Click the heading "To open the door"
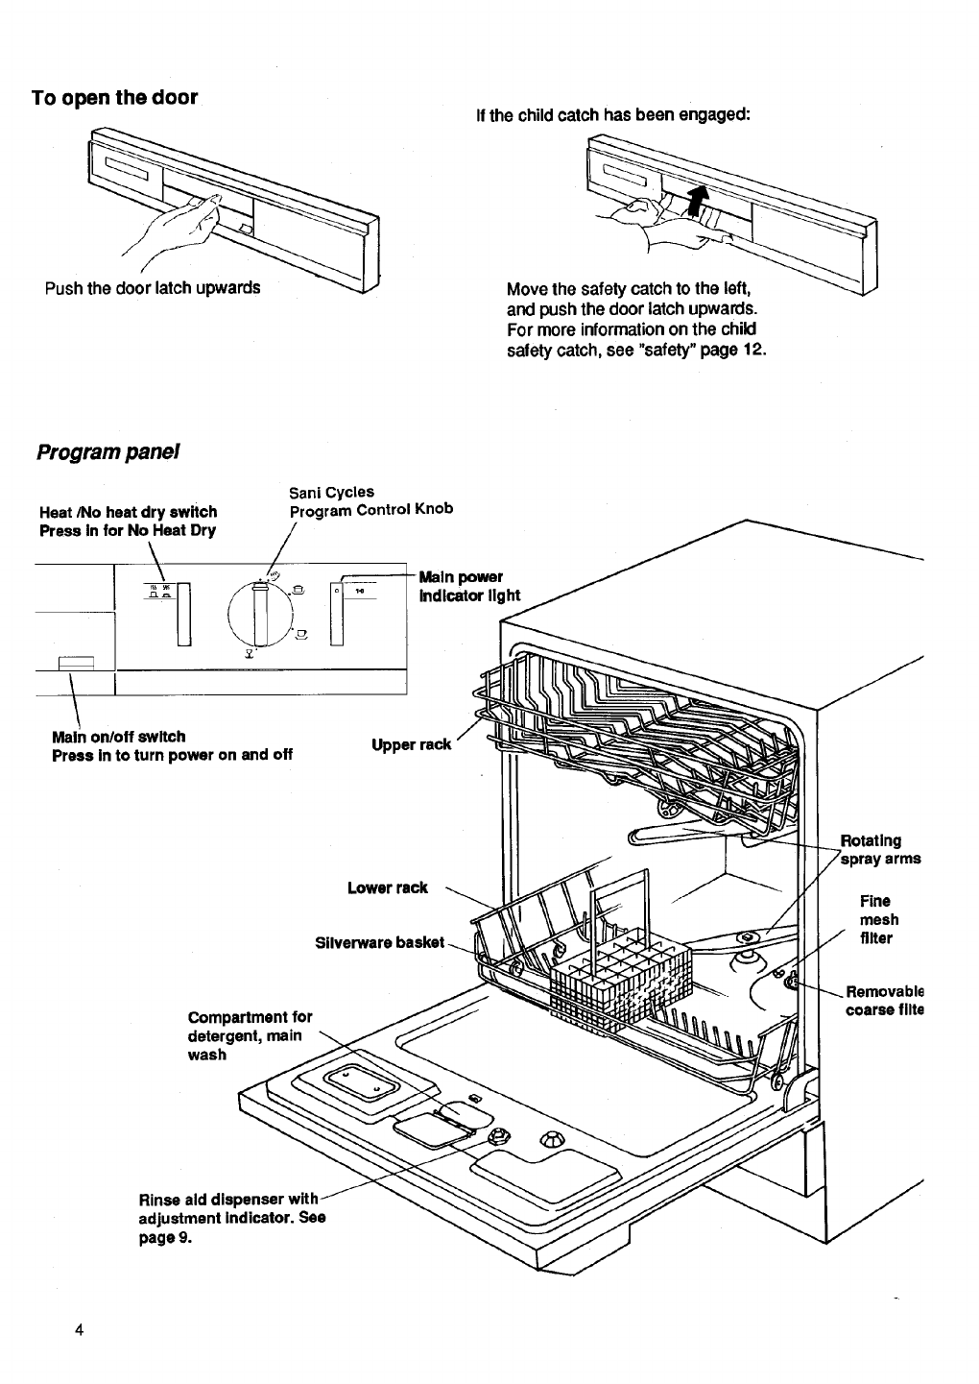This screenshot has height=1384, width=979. [x=114, y=98]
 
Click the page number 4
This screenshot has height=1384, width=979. [x=80, y=1330]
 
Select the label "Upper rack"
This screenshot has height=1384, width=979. [x=410, y=744]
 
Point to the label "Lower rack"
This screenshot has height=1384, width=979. [x=387, y=887]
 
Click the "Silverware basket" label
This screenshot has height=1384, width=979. [x=380, y=942]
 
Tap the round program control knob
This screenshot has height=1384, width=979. [x=257, y=615]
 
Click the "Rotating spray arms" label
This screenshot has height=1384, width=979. [x=879, y=849]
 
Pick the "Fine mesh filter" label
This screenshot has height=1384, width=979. [x=876, y=919]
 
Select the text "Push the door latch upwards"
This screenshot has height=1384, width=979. [x=152, y=287]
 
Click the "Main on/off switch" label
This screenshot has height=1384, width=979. [x=118, y=737]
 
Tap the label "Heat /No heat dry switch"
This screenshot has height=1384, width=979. [x=128, y=512]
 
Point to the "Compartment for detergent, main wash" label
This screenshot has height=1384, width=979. [x=250, y=1034]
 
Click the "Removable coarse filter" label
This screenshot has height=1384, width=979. [x=883, y=1000]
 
